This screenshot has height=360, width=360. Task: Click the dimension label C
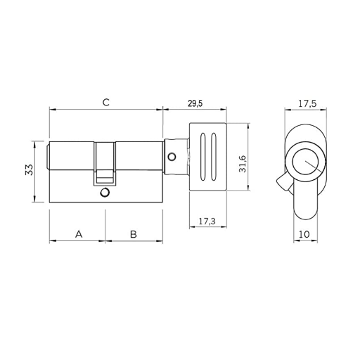[x=106, y=103]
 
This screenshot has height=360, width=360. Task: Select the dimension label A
[x=79, y=234]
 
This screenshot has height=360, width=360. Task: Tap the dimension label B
[x=134, y=234]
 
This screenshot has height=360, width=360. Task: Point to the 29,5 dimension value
[x=195, y=103]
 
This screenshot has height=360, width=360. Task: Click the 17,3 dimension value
[x=207, y=221]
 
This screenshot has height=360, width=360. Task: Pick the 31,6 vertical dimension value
[x=243, y=164]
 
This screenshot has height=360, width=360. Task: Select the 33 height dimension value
[x=30, y=169]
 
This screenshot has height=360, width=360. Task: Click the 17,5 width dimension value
[x=307, y=103]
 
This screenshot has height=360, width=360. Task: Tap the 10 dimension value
[x=304, y=234]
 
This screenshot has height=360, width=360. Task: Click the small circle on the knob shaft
[x=172, y=157]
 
